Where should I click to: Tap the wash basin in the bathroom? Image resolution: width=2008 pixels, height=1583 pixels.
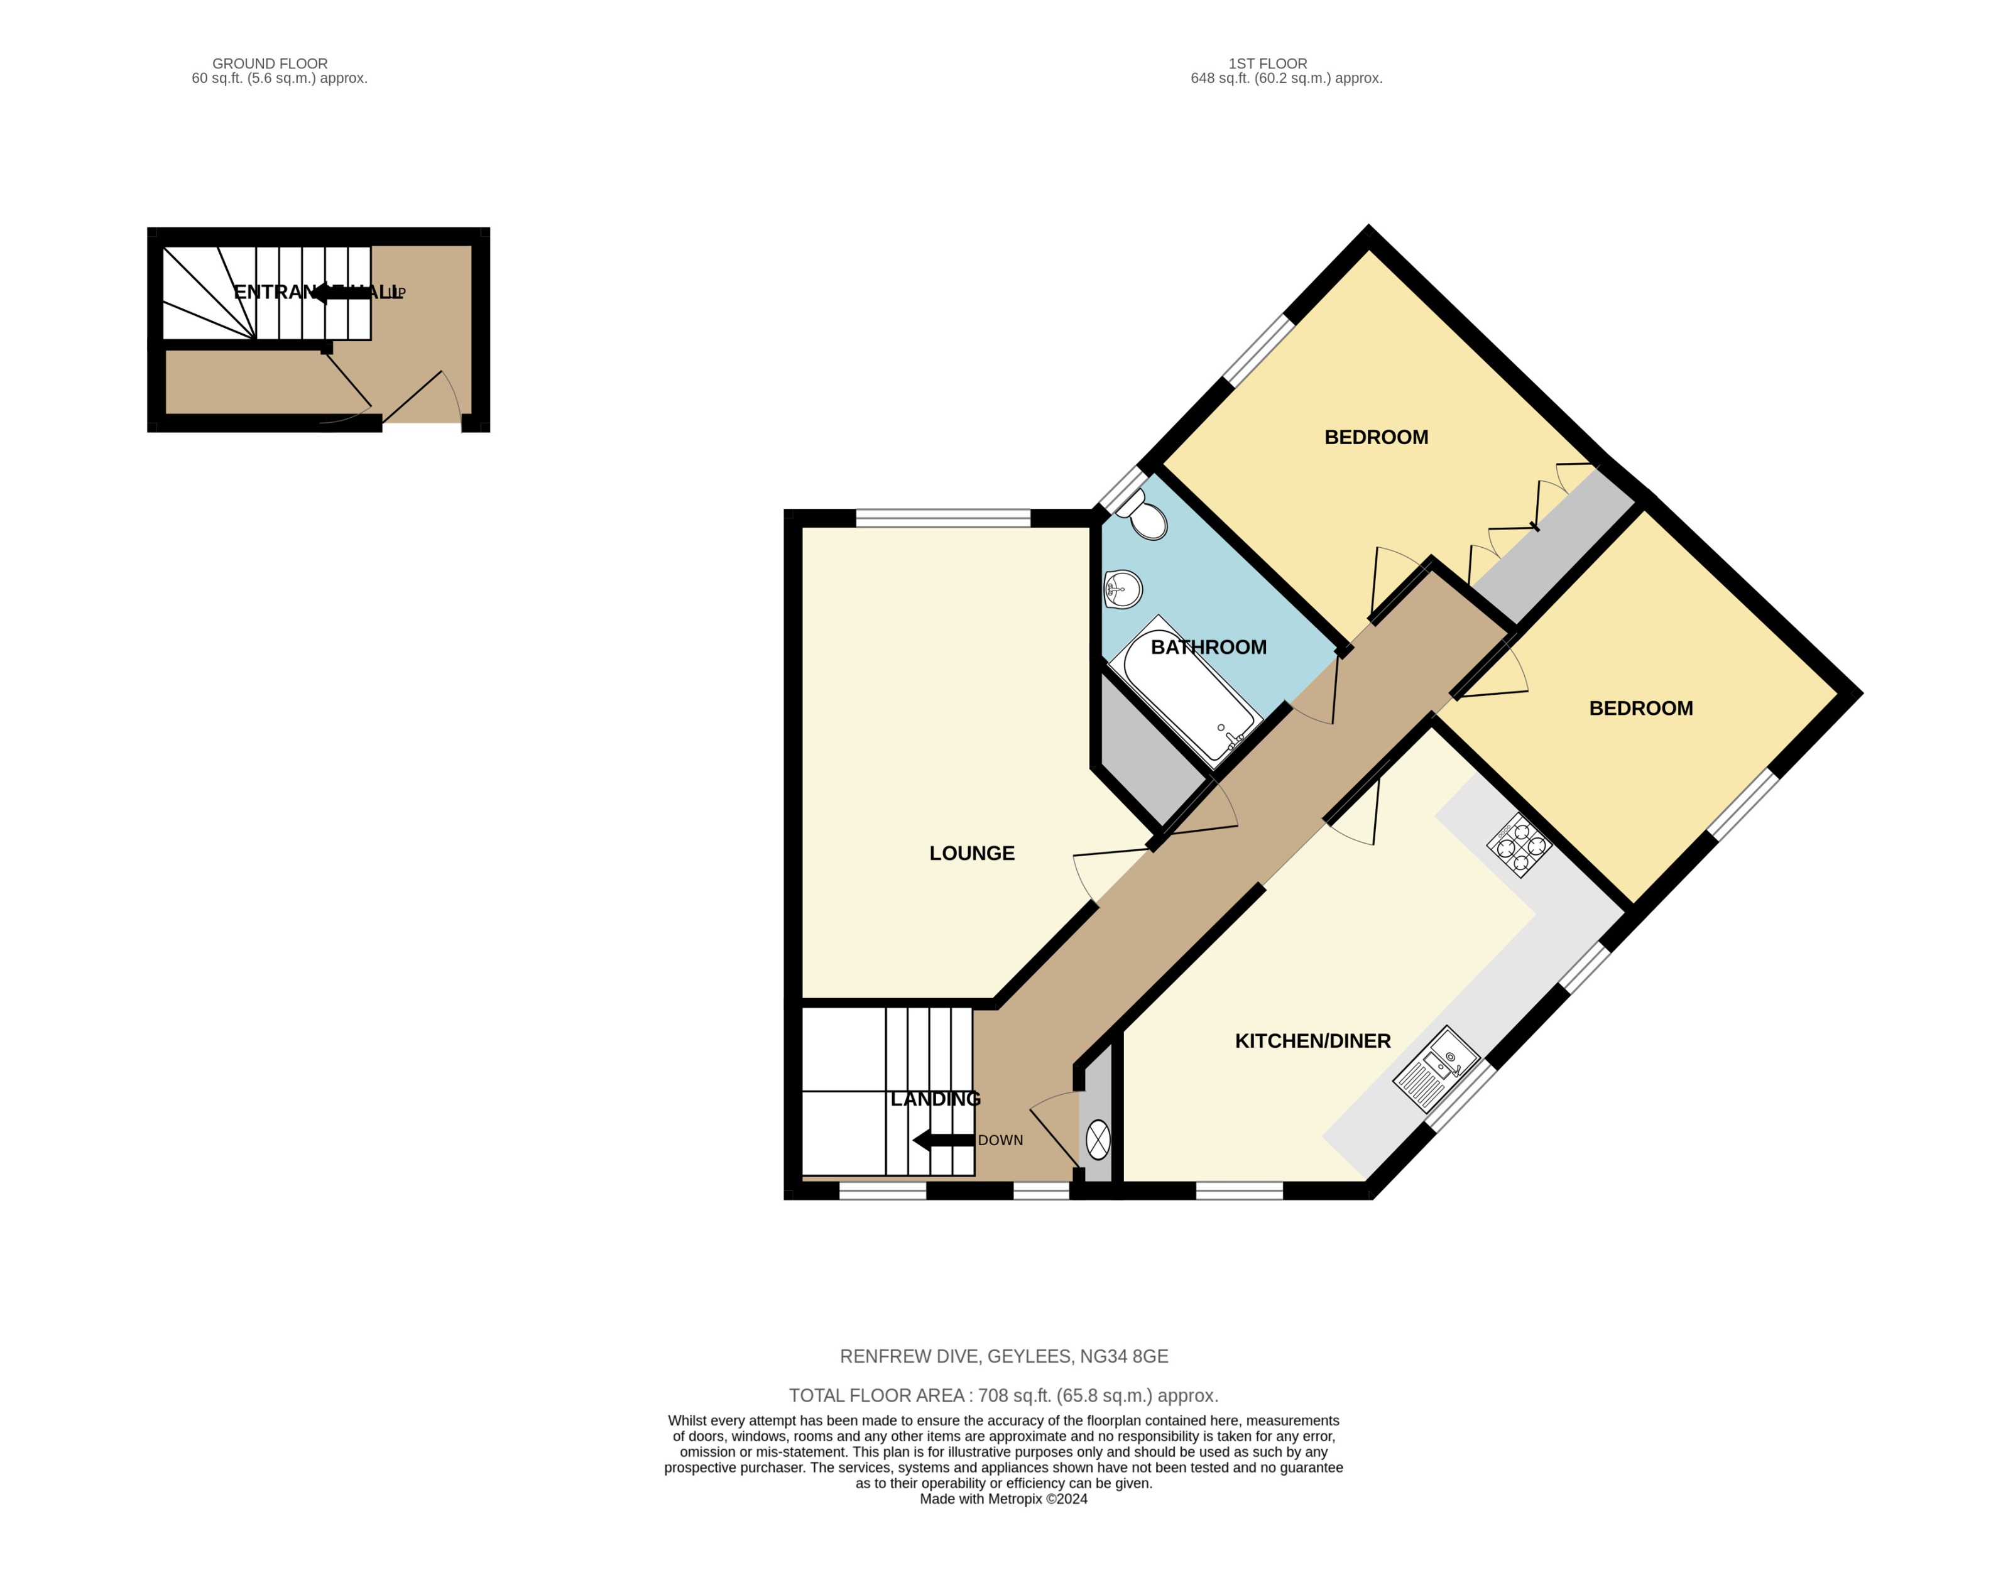coord(1123,589)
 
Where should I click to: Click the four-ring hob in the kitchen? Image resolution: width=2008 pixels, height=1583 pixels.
coord(1519,846)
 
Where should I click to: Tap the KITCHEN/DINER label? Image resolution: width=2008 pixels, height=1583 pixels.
coord(1312,1041)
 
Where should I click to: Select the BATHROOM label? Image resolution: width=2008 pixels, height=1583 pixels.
coord(1208,647)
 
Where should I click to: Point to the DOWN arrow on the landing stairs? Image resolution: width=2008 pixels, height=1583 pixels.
coord(942,1140)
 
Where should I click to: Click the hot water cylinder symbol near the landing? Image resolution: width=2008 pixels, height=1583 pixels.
coord(1098,1140)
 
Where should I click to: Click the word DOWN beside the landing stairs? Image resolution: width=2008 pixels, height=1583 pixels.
coord(1000,1140)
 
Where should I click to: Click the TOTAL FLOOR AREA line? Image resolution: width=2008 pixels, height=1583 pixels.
coord(1003,1395)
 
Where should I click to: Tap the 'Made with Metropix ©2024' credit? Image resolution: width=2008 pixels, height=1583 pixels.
coord(1003,1499)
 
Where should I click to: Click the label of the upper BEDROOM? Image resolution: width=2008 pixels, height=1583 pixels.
coord(1376,437)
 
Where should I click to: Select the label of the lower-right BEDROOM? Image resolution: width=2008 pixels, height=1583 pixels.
coord(1640,708)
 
